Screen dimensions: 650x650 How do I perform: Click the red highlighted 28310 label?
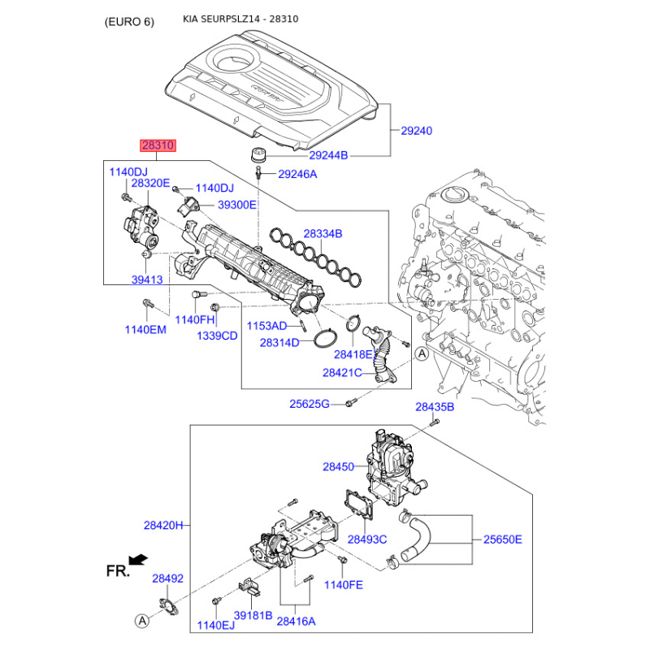[x=158, y=145]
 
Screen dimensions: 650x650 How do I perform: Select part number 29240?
[x=416, y=131]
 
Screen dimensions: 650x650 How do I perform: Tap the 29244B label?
[x=328, y=155]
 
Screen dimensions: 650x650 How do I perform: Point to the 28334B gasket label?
[x=323, y=234]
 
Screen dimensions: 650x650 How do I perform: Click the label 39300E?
[x=236, y=205]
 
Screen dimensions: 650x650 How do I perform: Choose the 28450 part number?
[x=338, y=466]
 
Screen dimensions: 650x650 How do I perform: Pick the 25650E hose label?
[x=502, y=539]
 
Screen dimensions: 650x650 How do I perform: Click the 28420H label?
[x=163, y=526]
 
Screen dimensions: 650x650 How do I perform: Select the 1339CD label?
[x=217, y=336]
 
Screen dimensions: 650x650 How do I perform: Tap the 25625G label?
[x=310, y=404]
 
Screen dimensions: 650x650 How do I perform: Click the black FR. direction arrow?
[x=138, y=560]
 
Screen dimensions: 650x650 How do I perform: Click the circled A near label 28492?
[x=142, y=621]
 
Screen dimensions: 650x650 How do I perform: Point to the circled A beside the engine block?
[x=422, y=354]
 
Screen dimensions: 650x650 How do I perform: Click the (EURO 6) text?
[x=129, y=22]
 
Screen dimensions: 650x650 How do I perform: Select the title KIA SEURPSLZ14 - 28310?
[x=240, y=19]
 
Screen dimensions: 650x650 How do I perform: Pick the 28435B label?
[x=435, y=407]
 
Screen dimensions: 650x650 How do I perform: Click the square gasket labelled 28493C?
[x=359, y=504]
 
